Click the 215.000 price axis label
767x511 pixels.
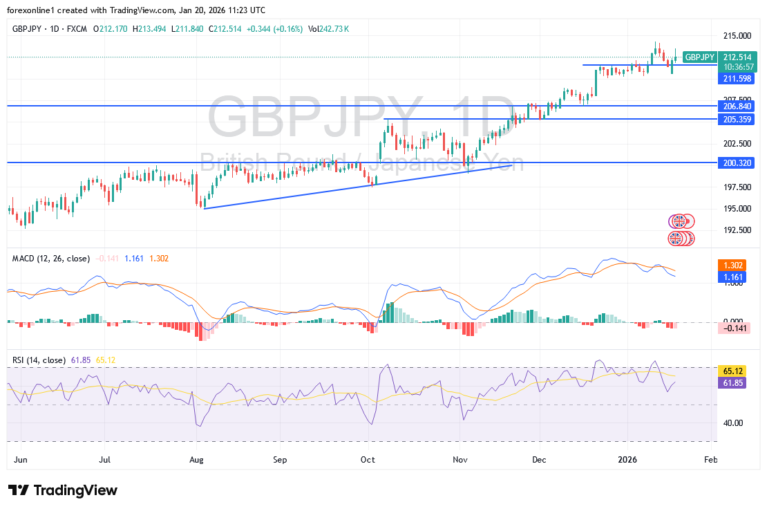pyautogui.click(x=737, y=35)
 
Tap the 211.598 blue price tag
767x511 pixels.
pyautogui.click(x=737, y=79)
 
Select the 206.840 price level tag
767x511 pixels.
pyautogui.click(x=737, y=106)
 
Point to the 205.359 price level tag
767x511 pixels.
pyautogui.click(x=737, y=119)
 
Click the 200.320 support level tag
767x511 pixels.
pyautogui.click(x=737, y=162)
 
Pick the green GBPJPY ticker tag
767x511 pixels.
pyautogui.click(x=700, y=57)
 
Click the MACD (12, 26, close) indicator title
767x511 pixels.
pyautogui.click(x=51, y=259)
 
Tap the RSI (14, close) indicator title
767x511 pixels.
pyautogui.click(x=39, y=360)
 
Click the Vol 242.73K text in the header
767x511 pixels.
pyautogui.click(x=328, y=29)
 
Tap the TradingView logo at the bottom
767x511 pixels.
pyautogui.click(x=64, y=490)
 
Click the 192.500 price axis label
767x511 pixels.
pyautogui.click(x=737, y=230)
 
